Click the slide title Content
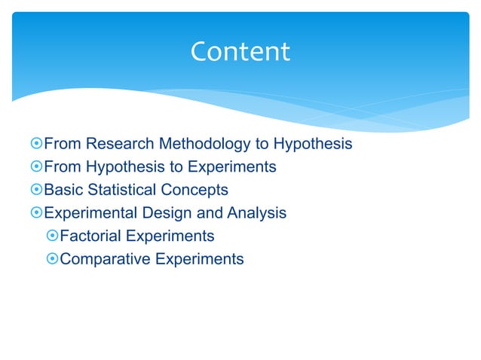(240, 52)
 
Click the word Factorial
(90, 236)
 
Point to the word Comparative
(105, 260)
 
